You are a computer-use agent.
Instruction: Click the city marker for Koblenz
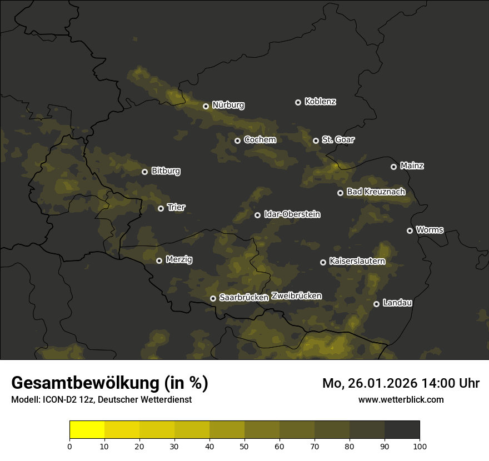(x=298, y=102)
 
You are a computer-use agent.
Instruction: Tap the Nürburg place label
(x=228, y=105)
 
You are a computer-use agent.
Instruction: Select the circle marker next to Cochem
(x=237, y=141)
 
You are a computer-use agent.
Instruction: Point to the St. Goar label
(x=338, y=139)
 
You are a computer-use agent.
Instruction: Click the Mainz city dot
(x=393, y=167)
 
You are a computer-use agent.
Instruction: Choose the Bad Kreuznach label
(x=376, y=192)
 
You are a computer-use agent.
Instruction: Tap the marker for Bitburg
(x=144, y=172)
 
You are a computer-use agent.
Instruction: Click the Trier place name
(x=176, y=207)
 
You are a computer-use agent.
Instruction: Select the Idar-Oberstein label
(x=292, y=214)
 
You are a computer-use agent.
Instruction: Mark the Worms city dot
(x=410, y=231)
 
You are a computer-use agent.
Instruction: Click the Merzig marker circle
(x=159, y=260)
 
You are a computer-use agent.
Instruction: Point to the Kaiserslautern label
(x=357, y=261)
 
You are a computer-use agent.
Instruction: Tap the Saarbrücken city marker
(x=213, y=298)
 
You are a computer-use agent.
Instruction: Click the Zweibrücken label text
(x=296, y=296)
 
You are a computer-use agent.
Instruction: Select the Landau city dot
(x=376, y=304)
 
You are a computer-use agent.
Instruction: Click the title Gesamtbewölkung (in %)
(x=109, y=383)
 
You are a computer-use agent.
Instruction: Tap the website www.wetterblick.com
(x=401, y=399)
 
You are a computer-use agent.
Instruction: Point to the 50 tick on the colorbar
(x=244, y=445)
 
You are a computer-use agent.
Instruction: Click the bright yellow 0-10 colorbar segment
(x=87, y=430)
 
